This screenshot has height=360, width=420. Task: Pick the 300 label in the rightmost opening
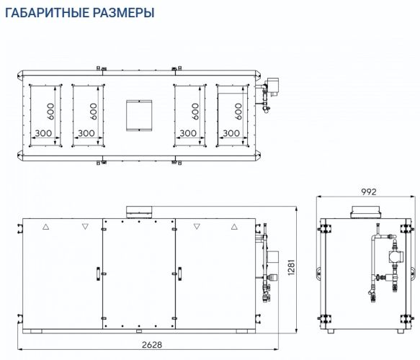pos(231,133)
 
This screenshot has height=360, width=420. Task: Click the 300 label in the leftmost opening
pos(43,133)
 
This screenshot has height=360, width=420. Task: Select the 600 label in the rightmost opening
pos(238,111)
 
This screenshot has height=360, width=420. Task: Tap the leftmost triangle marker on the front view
pos(46,226)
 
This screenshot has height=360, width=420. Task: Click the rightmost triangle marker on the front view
pos(234,226)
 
